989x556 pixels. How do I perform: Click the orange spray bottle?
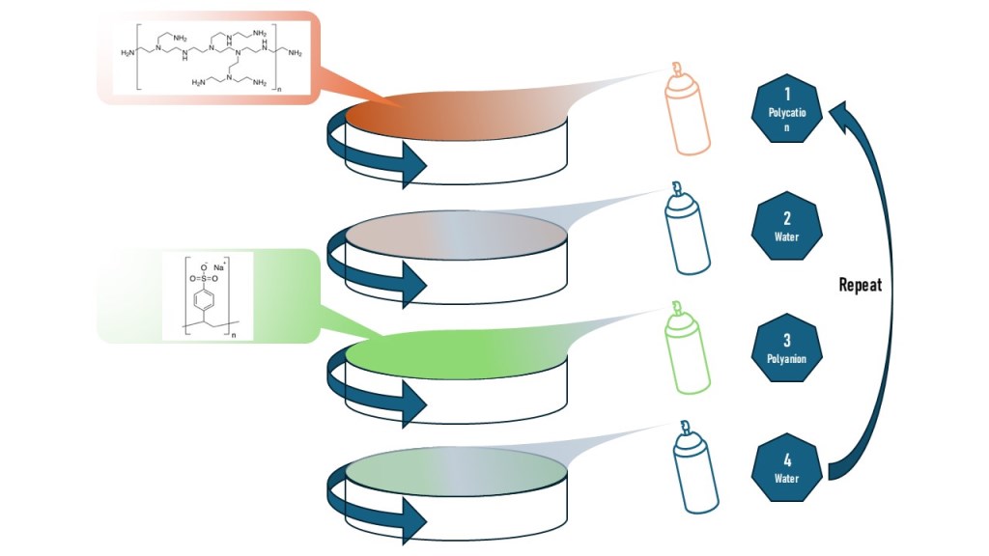(688, 116)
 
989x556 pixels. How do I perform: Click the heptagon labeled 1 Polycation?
(787, 113)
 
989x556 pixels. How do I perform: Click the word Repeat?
(860, 286)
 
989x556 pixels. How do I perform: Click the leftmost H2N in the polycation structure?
(128, 53)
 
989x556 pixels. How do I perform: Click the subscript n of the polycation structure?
(278, 90)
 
